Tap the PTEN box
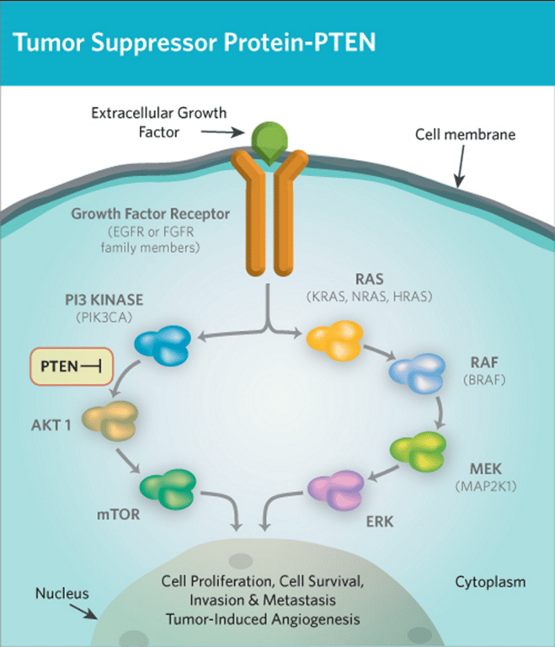(x=72, y=366)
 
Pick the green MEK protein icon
(x=419, y=452)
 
